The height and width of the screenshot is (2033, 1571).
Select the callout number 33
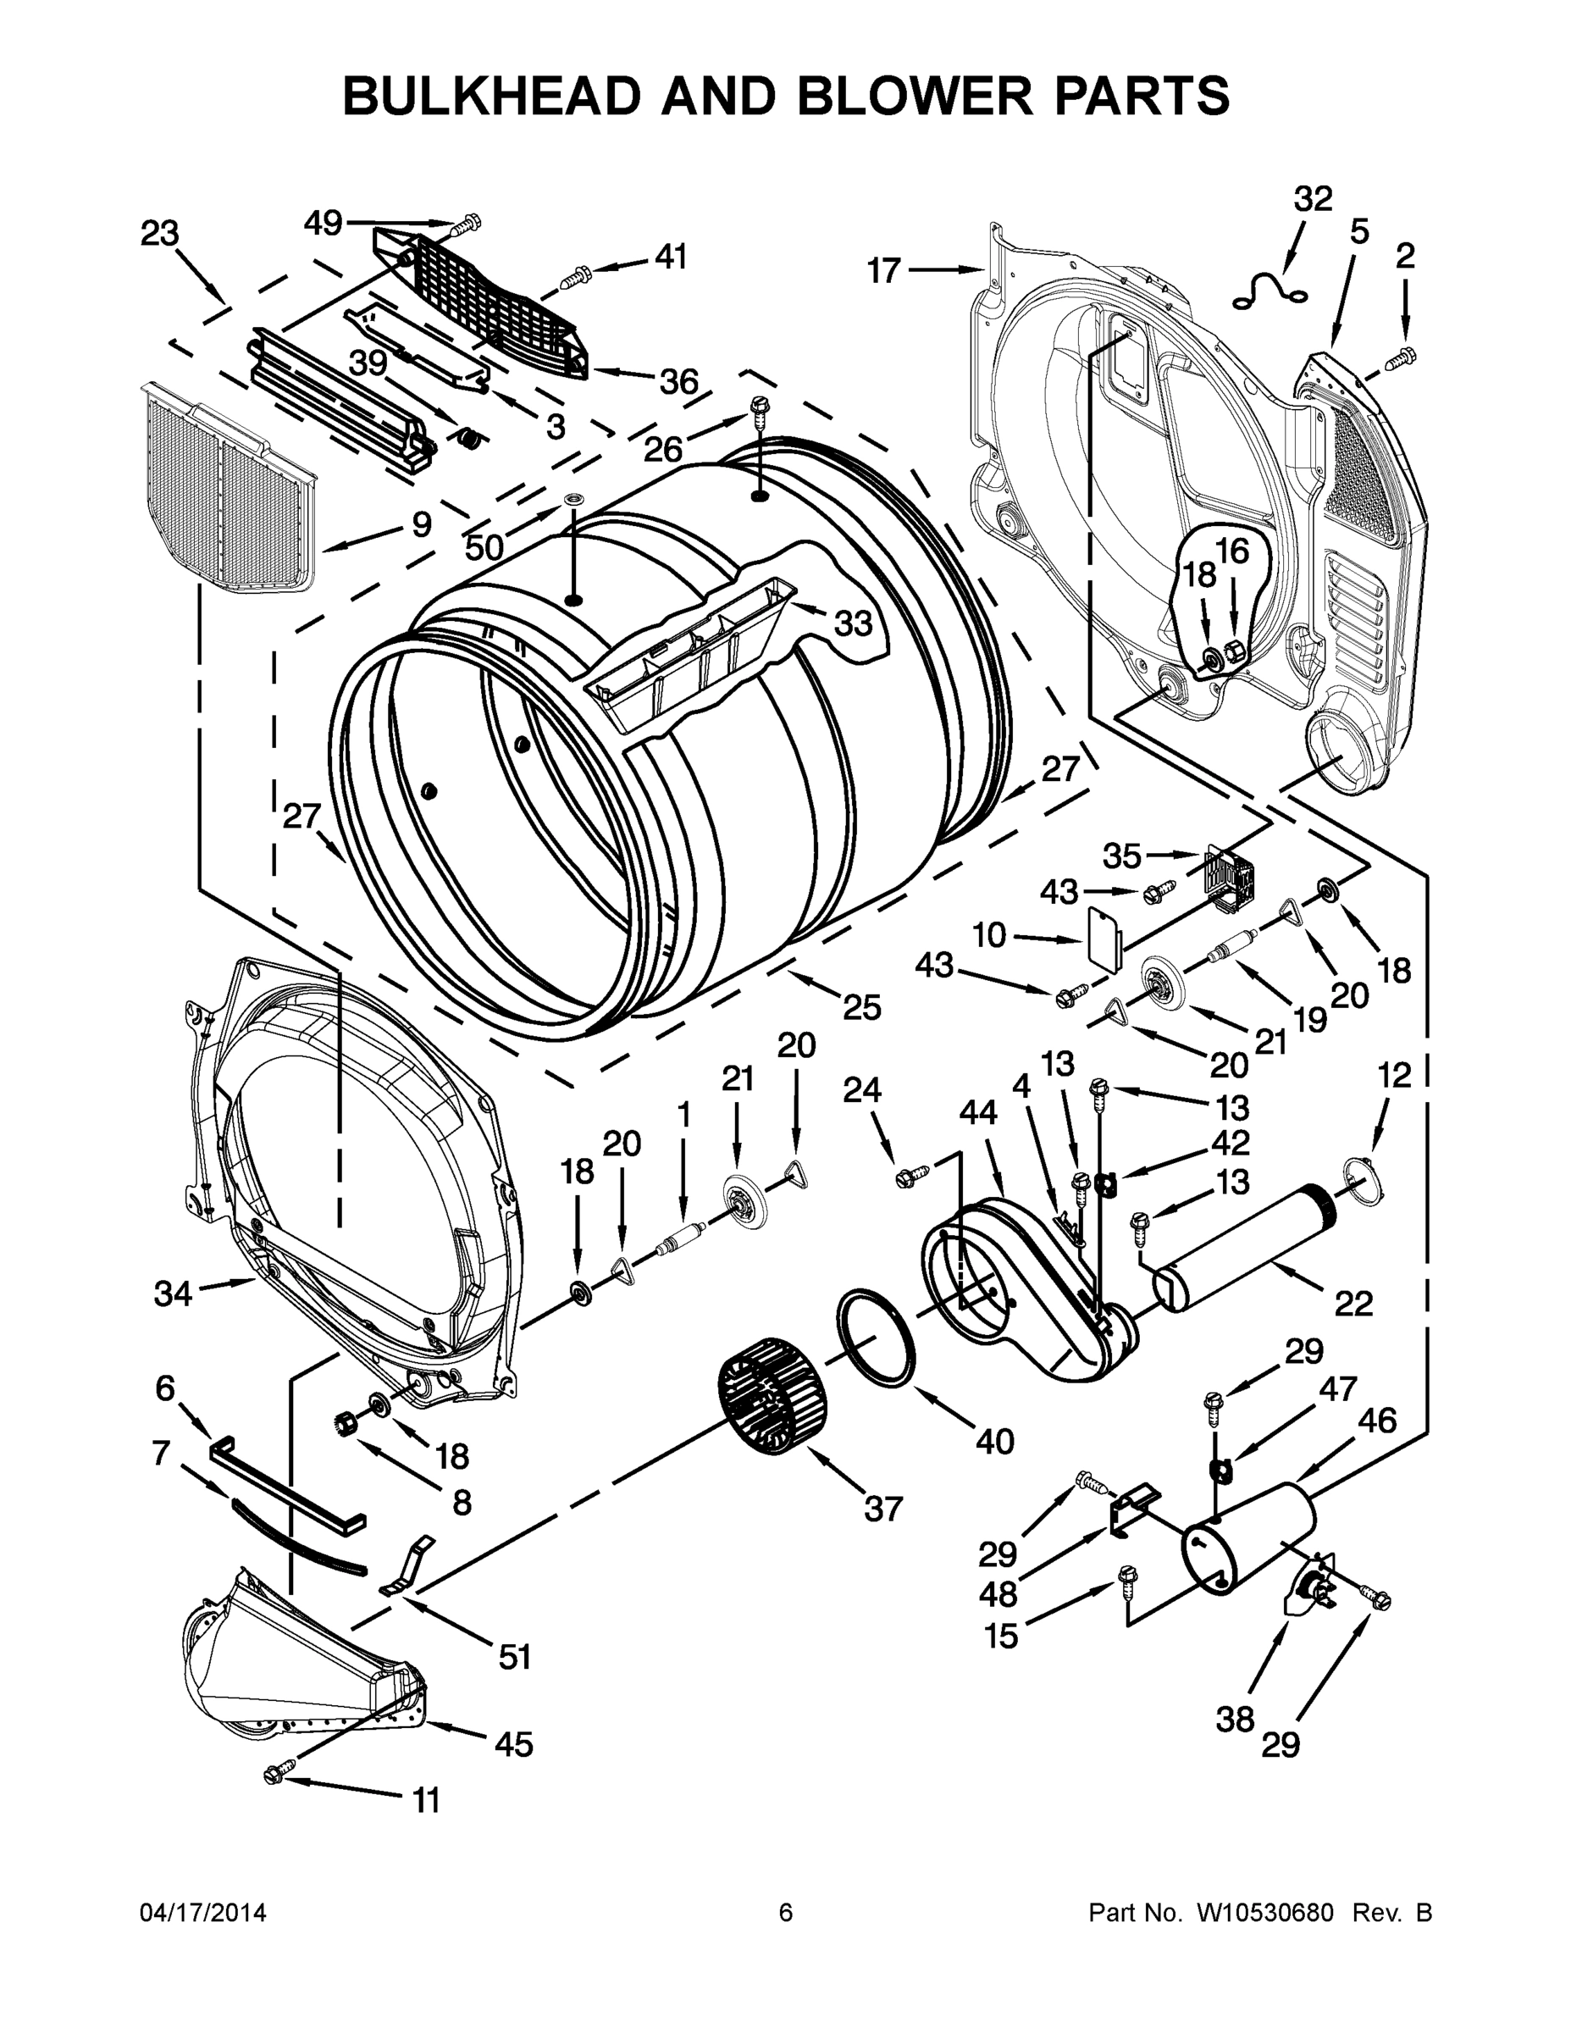853,623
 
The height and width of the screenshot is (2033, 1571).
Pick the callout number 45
513,1743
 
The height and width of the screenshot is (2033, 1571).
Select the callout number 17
884,270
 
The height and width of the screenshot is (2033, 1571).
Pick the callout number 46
1377,1420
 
